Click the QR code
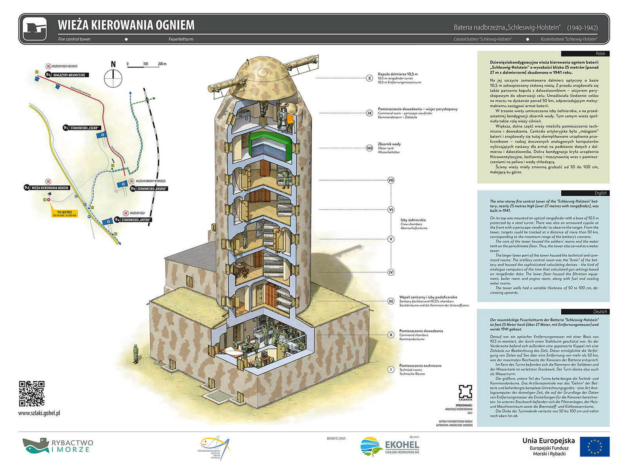31,393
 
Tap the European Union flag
595,447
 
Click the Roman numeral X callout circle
369,78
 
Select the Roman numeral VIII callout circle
369,148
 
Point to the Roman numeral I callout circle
391,369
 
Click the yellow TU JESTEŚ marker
64,214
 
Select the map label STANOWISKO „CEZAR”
84,128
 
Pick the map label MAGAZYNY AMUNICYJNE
69,75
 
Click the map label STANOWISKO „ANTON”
135,220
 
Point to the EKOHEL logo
390,447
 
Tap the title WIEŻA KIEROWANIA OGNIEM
126,25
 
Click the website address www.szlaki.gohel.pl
39,413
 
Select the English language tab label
600,193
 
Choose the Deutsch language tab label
600,312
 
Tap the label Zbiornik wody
389,144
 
